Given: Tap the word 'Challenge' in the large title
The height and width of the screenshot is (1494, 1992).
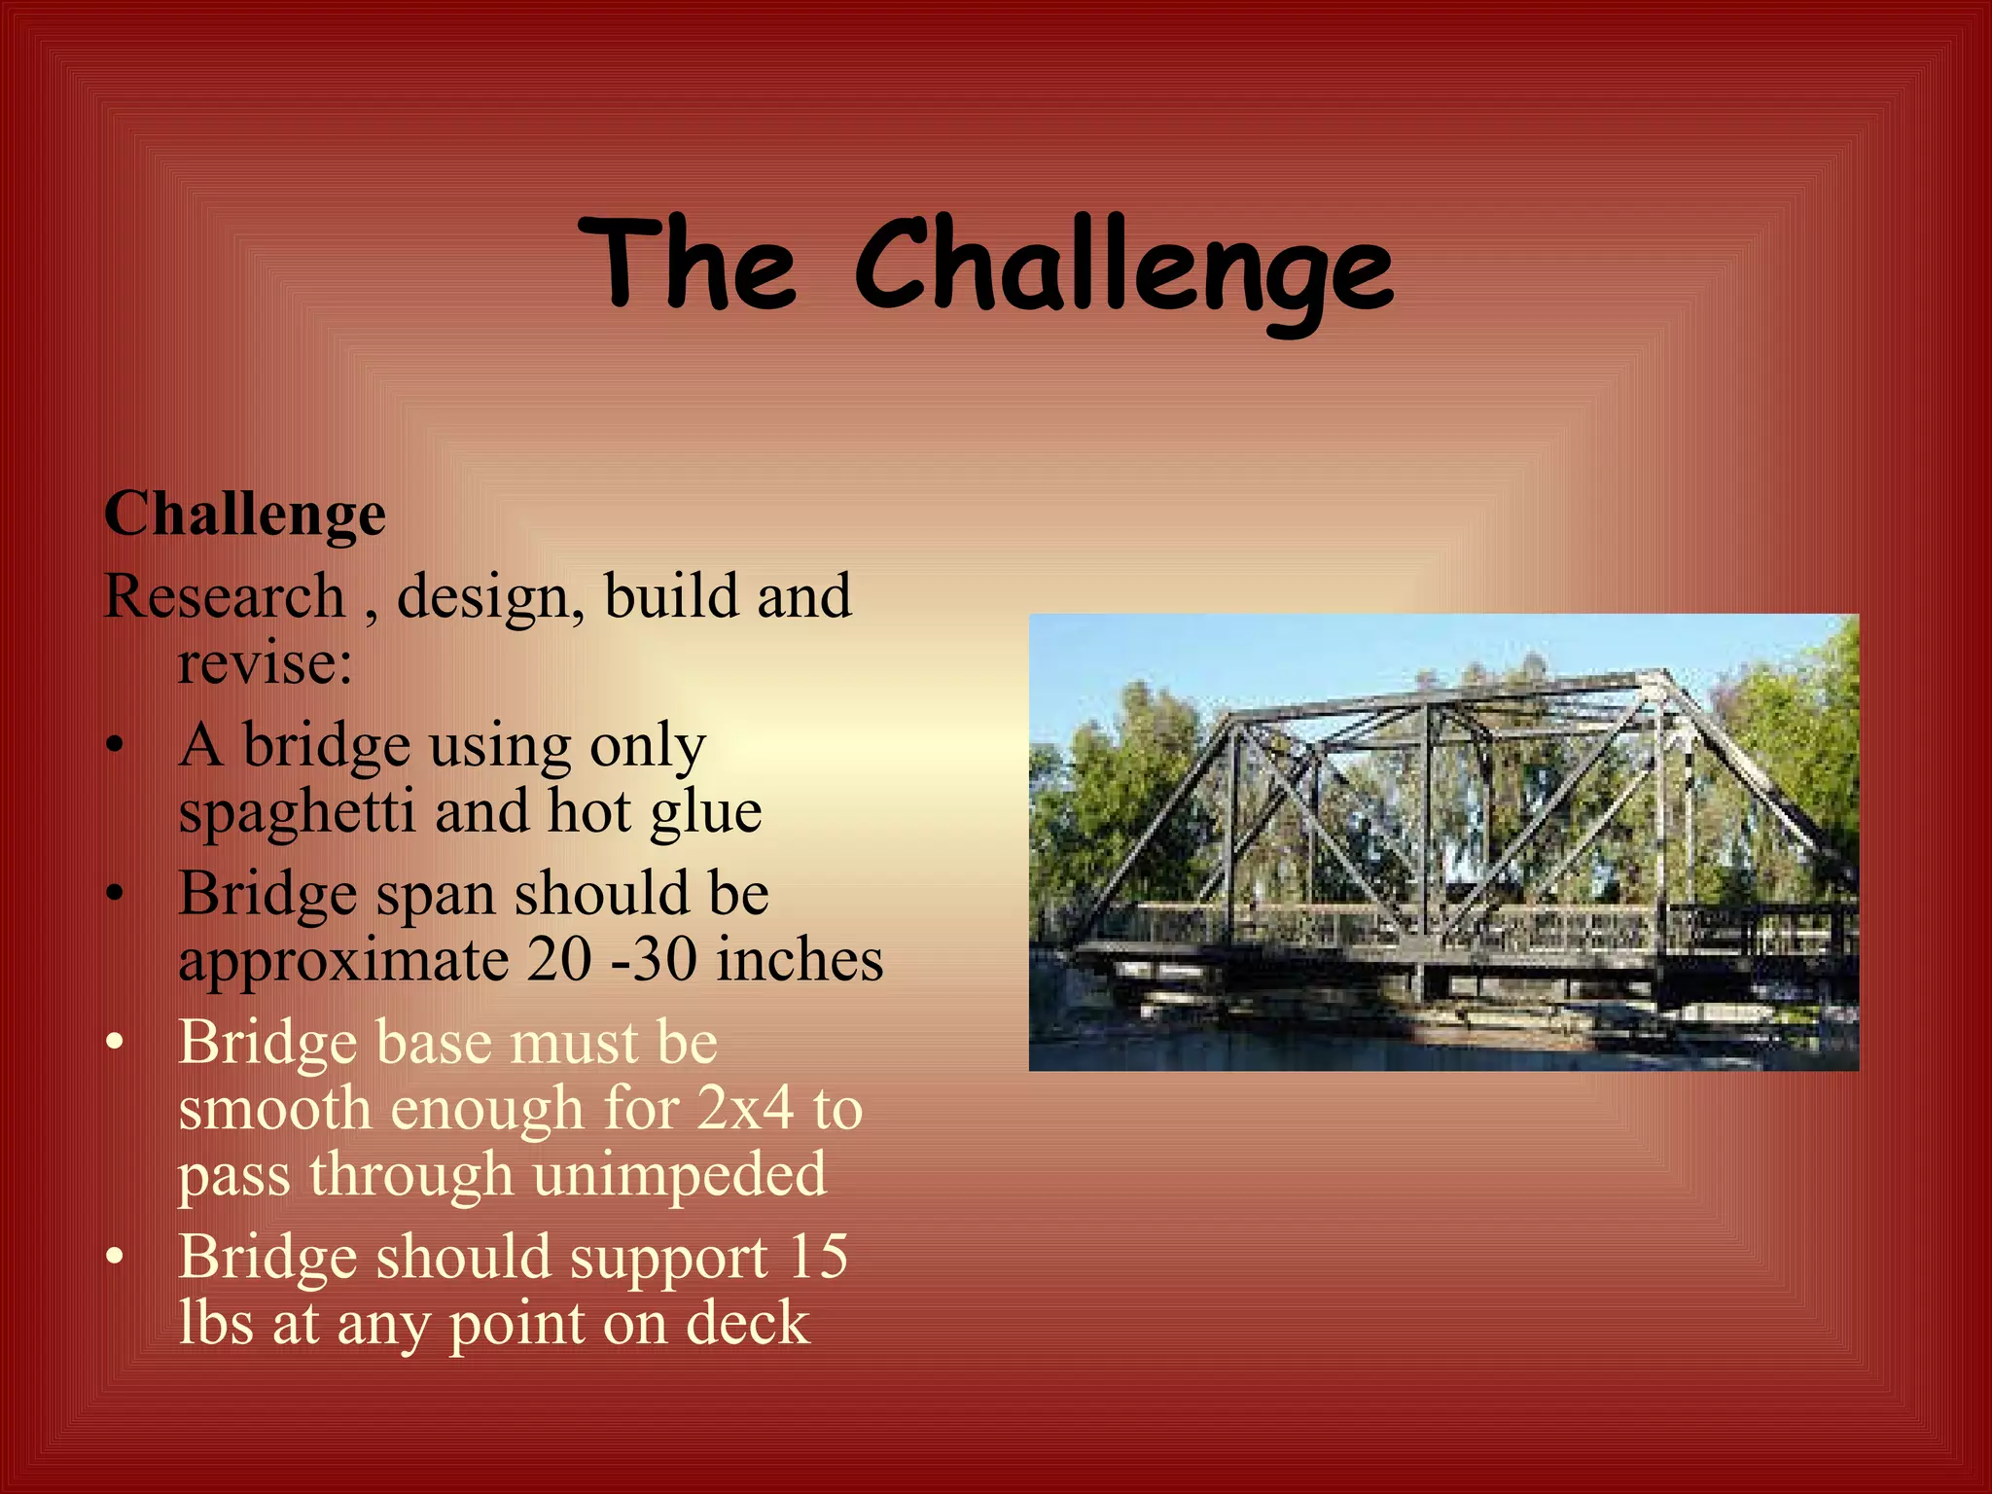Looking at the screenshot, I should [x=1123, y=267].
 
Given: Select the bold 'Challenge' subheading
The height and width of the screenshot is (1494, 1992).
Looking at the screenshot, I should [x=245, y=513].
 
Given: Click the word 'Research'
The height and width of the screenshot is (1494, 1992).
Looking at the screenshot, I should [x=225, y=596].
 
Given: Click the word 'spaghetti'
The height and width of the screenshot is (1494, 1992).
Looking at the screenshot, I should [x=297, y=812].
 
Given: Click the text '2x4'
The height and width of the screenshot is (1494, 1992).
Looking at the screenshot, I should [x=745, y=1108].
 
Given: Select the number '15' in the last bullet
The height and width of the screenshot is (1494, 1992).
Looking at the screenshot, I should [x=818, y=1257].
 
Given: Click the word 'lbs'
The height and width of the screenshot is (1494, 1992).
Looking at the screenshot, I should [x=216, y=1323].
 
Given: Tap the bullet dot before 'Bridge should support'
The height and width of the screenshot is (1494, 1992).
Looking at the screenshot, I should [x=116, y=1258].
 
